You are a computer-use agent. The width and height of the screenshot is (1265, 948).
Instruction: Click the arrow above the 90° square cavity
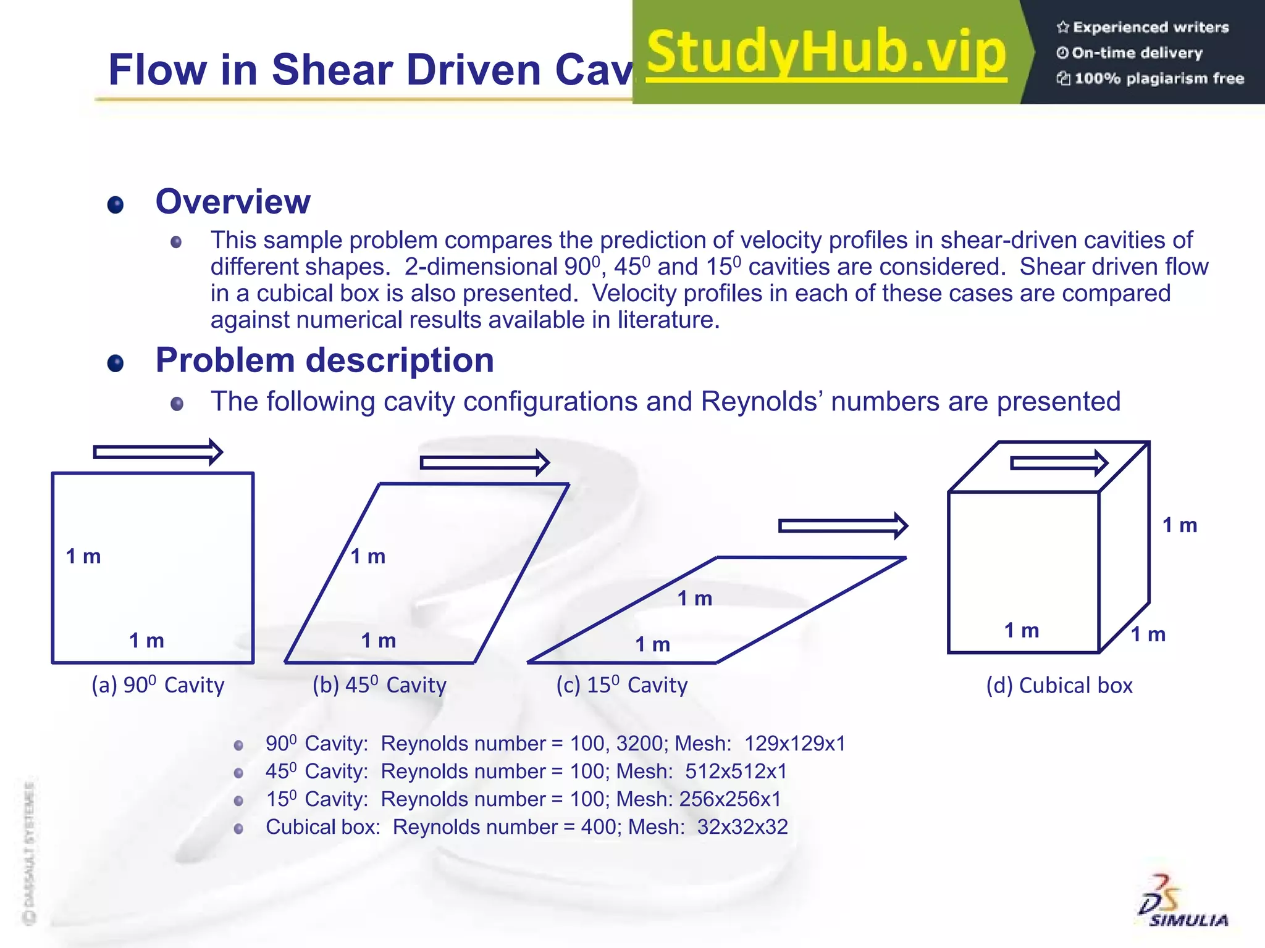tap(158, 452)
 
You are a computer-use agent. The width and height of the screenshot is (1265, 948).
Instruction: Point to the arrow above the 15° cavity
tap(843, 526)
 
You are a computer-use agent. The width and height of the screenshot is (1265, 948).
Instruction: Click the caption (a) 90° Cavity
tap(158, 685)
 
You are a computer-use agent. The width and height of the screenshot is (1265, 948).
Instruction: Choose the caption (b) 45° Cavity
tap(379, 685)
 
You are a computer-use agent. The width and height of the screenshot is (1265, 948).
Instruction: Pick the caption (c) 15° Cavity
tap(622, 685)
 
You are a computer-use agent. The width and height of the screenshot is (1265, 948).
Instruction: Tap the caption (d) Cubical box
tap(1059, 686)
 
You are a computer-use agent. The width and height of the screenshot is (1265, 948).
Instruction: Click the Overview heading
tap(233, 202)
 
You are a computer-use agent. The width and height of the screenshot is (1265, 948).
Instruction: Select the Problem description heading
tap(325, 360)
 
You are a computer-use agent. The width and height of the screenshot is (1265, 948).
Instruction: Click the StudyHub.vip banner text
tap(826, 53)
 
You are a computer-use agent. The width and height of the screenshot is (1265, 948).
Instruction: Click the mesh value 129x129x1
tap(795, 744)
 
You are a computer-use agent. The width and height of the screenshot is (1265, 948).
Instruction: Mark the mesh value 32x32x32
tap(742, 827)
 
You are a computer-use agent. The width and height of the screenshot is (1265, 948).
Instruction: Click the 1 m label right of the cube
tap(1180, 525)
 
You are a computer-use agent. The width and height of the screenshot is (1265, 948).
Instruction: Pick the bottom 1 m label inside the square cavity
tap(147, 641)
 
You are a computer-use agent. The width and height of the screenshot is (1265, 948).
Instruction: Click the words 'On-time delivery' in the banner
tap(1137, 53)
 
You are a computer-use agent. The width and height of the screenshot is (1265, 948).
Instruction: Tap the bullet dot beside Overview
tap(116, 204)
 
